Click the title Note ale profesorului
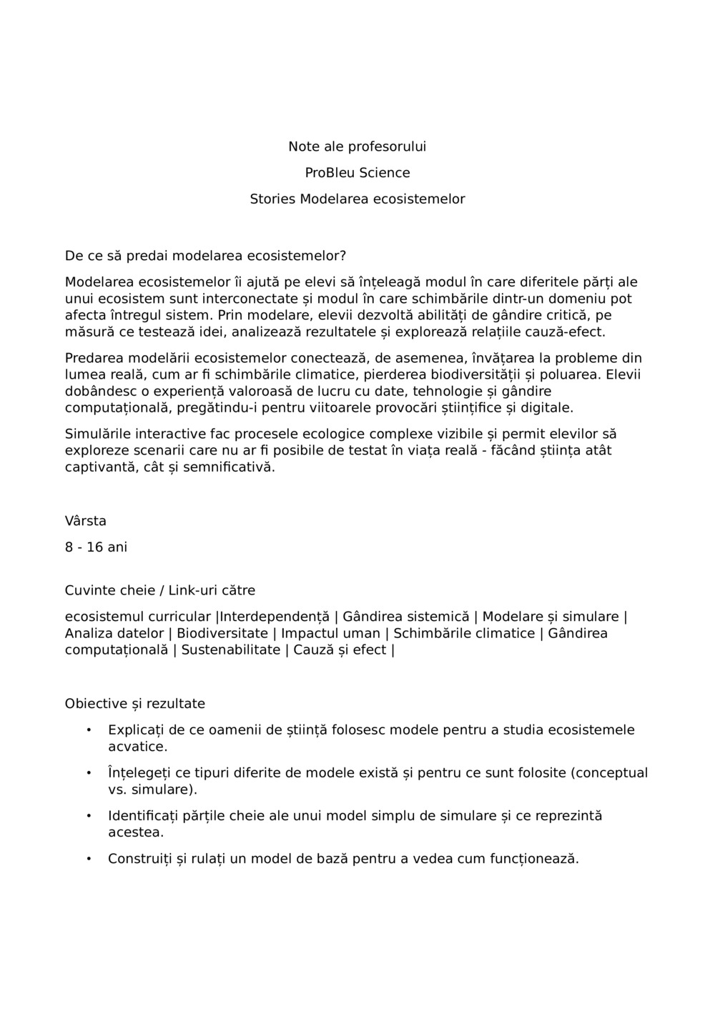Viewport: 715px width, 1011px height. pos(357,146)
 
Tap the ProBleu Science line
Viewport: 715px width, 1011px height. pos(357,173)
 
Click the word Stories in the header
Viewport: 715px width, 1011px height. pos(272,199)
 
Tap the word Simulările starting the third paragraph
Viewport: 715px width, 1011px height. pos(98,434)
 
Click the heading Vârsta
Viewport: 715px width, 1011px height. pos(85,521)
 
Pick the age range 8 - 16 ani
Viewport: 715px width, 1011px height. pos(96,547)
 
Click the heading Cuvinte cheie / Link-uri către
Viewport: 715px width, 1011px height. pos(159,591)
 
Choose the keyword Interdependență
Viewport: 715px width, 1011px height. pos(275,617)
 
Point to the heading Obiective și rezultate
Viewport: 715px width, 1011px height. pos(134,704)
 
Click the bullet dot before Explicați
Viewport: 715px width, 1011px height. pos(89,730)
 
